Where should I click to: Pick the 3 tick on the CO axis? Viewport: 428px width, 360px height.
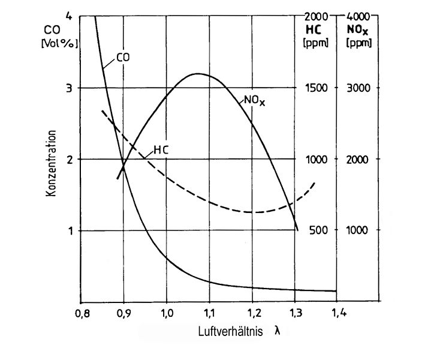[69, 88]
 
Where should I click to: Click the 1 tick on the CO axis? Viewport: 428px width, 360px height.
[69, 230]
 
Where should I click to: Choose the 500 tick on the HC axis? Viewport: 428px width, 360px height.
[318, 230]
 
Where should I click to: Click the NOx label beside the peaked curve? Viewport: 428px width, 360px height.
[254, 101]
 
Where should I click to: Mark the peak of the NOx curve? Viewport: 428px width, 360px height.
[198, 74]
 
